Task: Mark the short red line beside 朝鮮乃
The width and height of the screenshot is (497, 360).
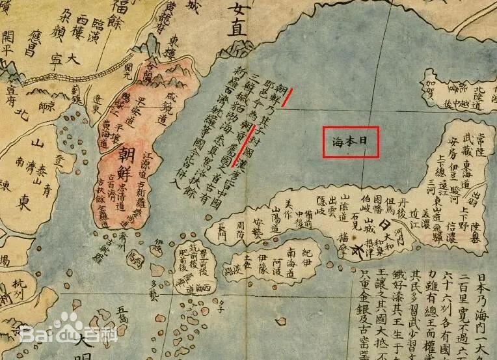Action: pos(287,97)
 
